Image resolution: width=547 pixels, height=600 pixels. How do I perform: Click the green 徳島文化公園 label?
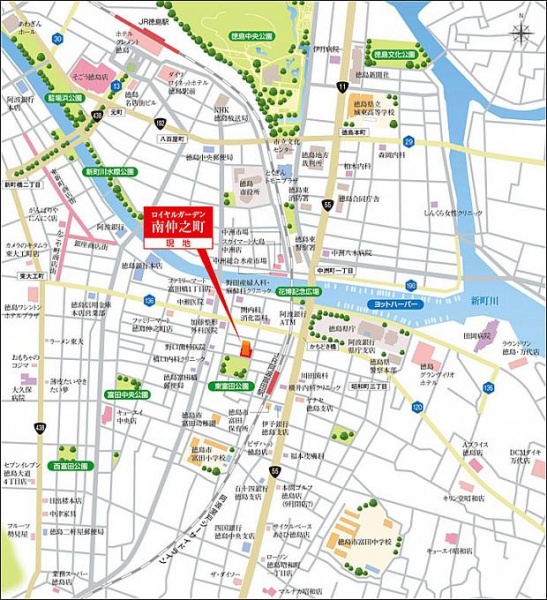[395, 55]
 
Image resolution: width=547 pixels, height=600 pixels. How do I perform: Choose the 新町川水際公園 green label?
[110, 171]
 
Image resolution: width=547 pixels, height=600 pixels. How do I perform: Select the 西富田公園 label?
[66, 465]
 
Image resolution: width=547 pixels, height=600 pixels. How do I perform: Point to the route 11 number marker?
[342, 87]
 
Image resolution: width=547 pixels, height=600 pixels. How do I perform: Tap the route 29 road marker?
[408, 142]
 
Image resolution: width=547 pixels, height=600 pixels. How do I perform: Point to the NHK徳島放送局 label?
[226, 114]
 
